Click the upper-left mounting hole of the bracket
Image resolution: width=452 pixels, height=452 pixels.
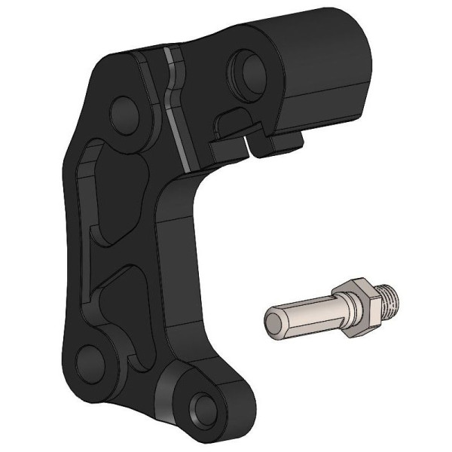point(124,111)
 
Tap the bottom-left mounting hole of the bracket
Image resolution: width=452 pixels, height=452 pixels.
point(93,361)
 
